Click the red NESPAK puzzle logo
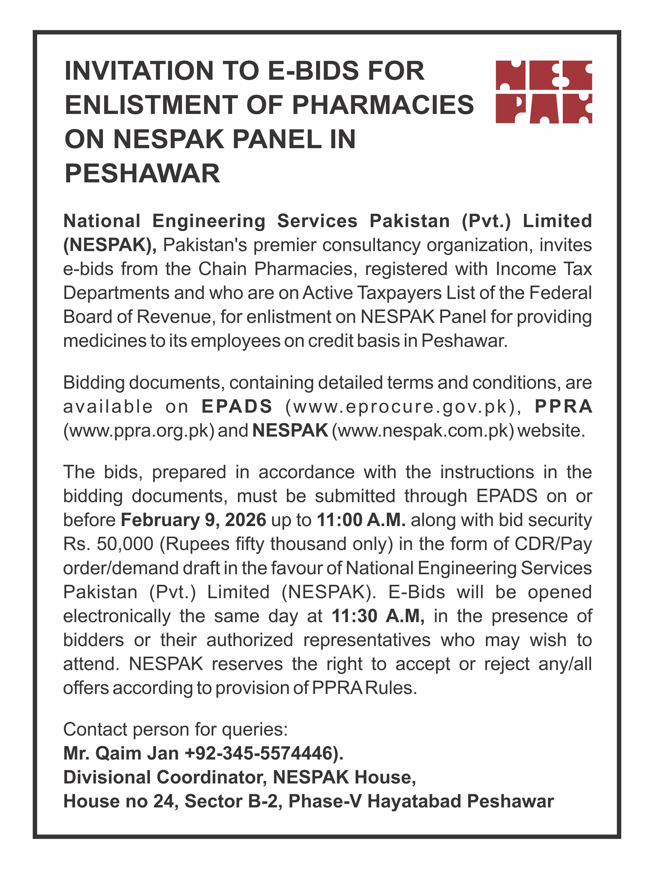point(544,92)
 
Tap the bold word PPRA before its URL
point(563,406)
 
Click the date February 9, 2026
point(193,520)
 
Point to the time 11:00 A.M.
point(361,520)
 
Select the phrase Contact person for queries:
point(175,730)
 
